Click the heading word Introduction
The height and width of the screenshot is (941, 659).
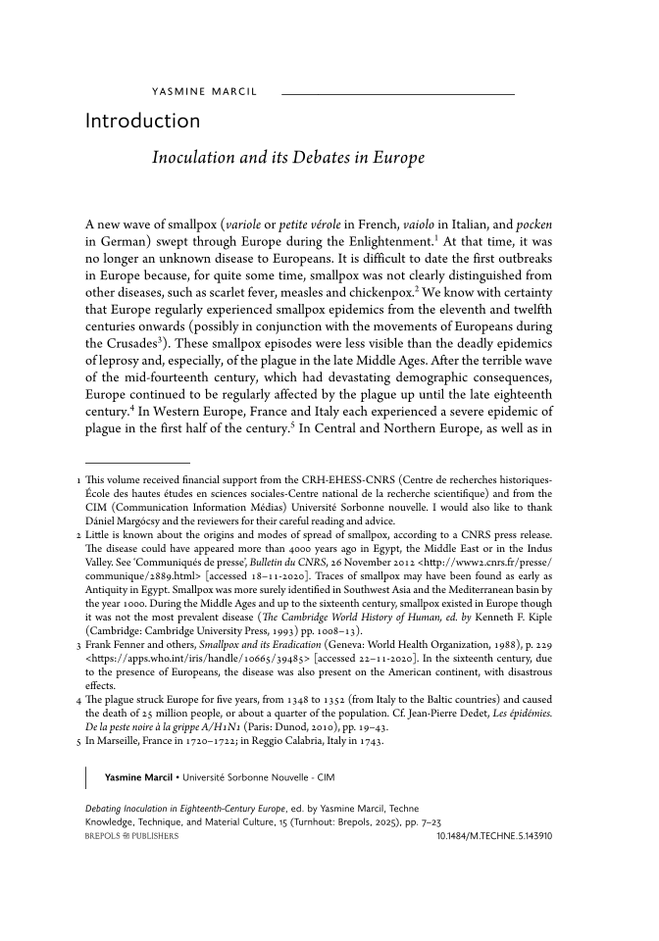pos(142,122)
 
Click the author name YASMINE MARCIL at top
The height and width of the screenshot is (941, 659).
pos(204,92)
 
